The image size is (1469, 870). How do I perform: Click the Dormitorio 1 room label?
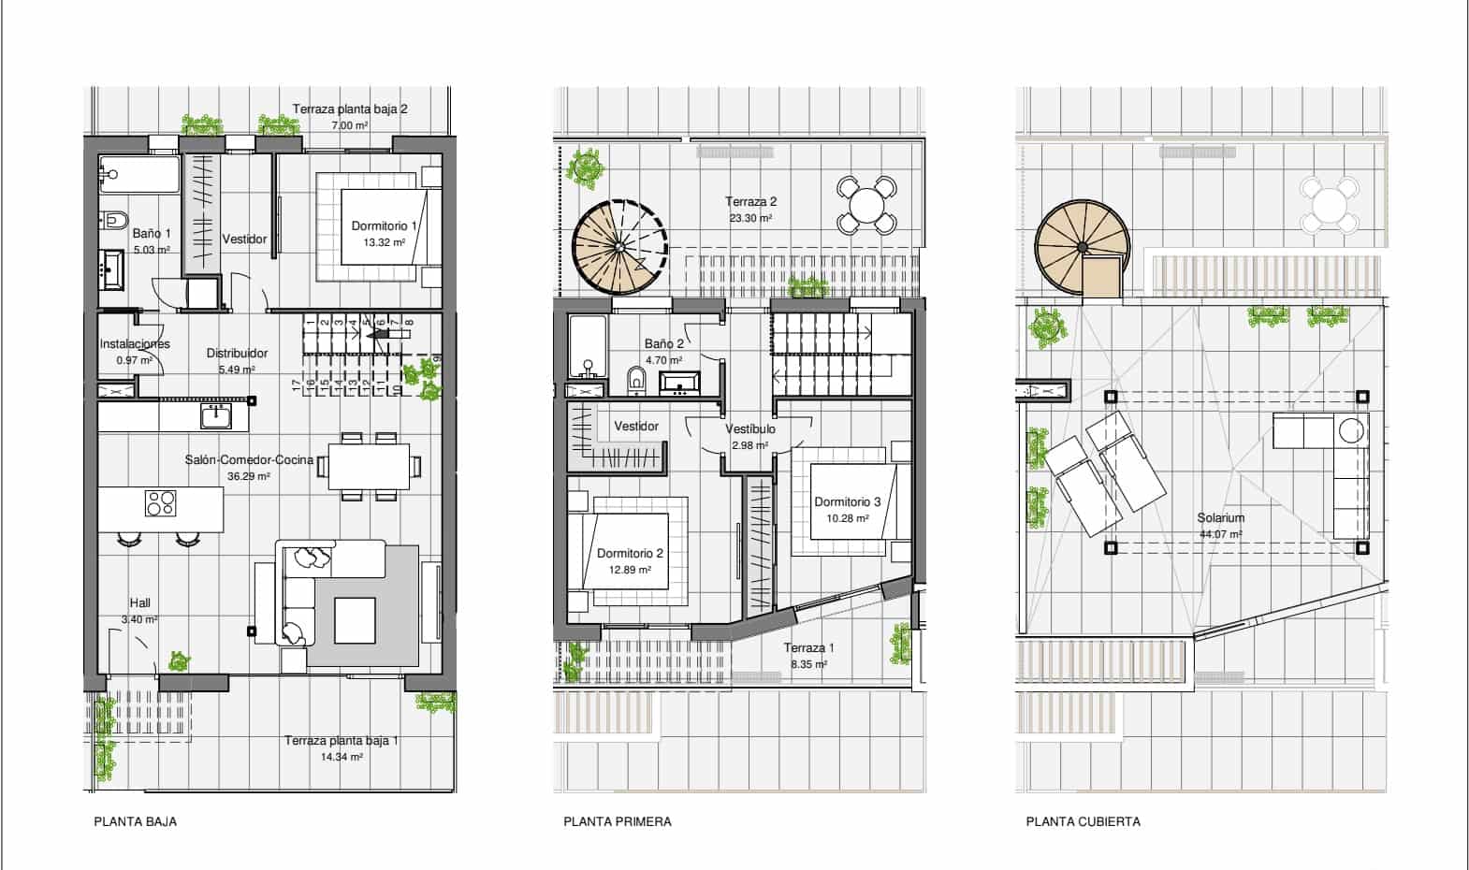(384, 226)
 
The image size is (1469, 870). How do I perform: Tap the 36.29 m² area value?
(249, 477)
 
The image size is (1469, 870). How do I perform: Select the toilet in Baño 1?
(114, 220)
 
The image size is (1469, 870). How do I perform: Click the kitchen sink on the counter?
(216, 417)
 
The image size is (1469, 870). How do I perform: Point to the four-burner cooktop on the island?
(161, 503)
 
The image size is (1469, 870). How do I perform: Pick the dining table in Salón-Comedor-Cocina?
(370, 467)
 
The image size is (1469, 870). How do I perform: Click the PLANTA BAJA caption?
(135, 821)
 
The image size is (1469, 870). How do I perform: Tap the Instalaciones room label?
(135, 343)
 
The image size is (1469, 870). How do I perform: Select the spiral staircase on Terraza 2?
(619, 247)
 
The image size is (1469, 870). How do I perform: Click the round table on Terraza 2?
(866, 205)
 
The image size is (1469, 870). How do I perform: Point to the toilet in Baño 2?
(635, 379)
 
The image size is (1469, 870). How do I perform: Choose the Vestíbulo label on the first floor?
(750, 428)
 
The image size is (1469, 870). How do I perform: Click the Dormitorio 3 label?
(848, 502)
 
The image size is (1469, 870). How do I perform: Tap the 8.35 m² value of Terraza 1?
(808, 664)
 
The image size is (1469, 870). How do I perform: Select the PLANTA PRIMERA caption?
(618, 821)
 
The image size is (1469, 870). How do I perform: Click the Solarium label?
(1220, 518)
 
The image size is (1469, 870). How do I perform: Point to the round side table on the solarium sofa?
(1352, 431)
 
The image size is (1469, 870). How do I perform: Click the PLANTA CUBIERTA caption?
(1083, 821)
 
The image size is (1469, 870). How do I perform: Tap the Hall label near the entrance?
(139, 603)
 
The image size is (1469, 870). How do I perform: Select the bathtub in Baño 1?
(139, 174)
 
